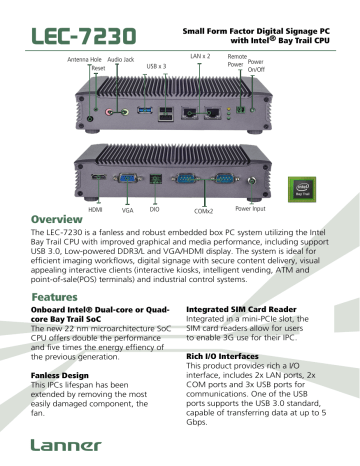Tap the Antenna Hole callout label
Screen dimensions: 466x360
click(84, 60)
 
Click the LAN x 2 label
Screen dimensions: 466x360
click(200, 58)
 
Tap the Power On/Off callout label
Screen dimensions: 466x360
click(256, 66)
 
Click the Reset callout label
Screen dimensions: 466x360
click(97, 70)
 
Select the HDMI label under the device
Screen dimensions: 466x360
click(95, 211)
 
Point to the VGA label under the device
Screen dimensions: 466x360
click(127, 212)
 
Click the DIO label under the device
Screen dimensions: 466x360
click(153, 211)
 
